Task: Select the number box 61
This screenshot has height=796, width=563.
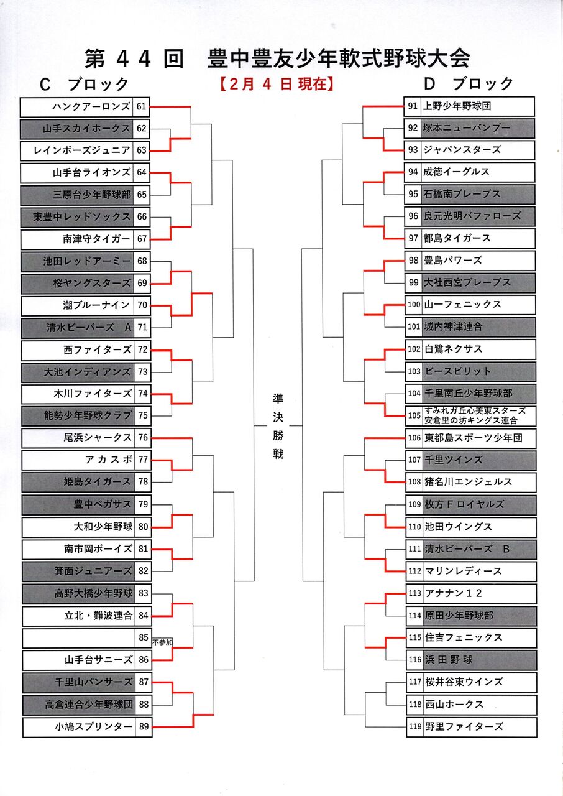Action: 142,106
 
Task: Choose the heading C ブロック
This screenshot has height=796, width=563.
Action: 84,84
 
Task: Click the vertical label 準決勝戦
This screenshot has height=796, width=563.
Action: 278,426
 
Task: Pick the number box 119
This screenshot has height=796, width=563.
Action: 414,726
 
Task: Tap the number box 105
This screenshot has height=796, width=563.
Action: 414,415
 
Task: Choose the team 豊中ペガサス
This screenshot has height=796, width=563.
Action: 103,504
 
